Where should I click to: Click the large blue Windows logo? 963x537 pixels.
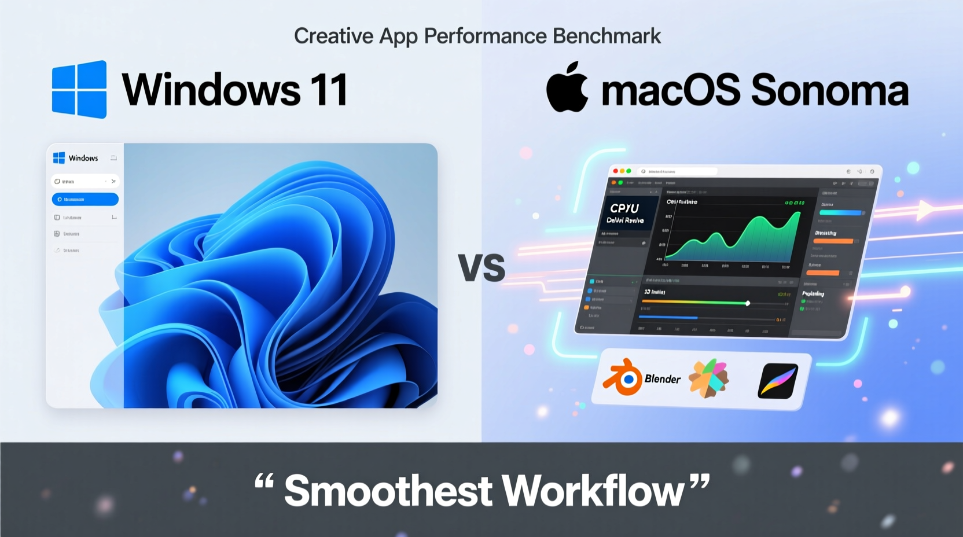tap(79, 89)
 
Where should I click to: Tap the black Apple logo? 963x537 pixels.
tap(567, 87)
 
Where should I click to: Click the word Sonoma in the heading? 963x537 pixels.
tap(829, 90)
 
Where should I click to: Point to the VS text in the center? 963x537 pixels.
tap(481, 268)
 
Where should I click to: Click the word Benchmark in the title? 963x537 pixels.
tap(607, 36)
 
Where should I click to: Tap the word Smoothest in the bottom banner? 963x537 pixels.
tap(388, 491)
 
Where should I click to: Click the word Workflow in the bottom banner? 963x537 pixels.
tap(593, 491)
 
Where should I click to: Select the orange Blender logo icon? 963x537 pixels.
tap(623, 377)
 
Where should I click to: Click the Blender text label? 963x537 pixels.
tap(663, 379)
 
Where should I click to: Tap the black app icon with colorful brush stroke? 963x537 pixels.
tap(778, 381)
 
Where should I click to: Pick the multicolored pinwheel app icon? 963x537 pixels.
tap(708, 378)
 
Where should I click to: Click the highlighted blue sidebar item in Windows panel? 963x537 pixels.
tap(85, 199)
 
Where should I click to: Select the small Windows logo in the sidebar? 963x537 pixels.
tap(59, 158)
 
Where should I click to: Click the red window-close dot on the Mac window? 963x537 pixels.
tap(615, 171)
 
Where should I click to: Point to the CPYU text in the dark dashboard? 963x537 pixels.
tap(624, 208)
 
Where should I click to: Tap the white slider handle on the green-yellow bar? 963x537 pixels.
tap(748, 303)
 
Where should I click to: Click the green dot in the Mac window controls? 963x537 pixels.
tap(628, 171)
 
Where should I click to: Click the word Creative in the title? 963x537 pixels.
tap(333, 36)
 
